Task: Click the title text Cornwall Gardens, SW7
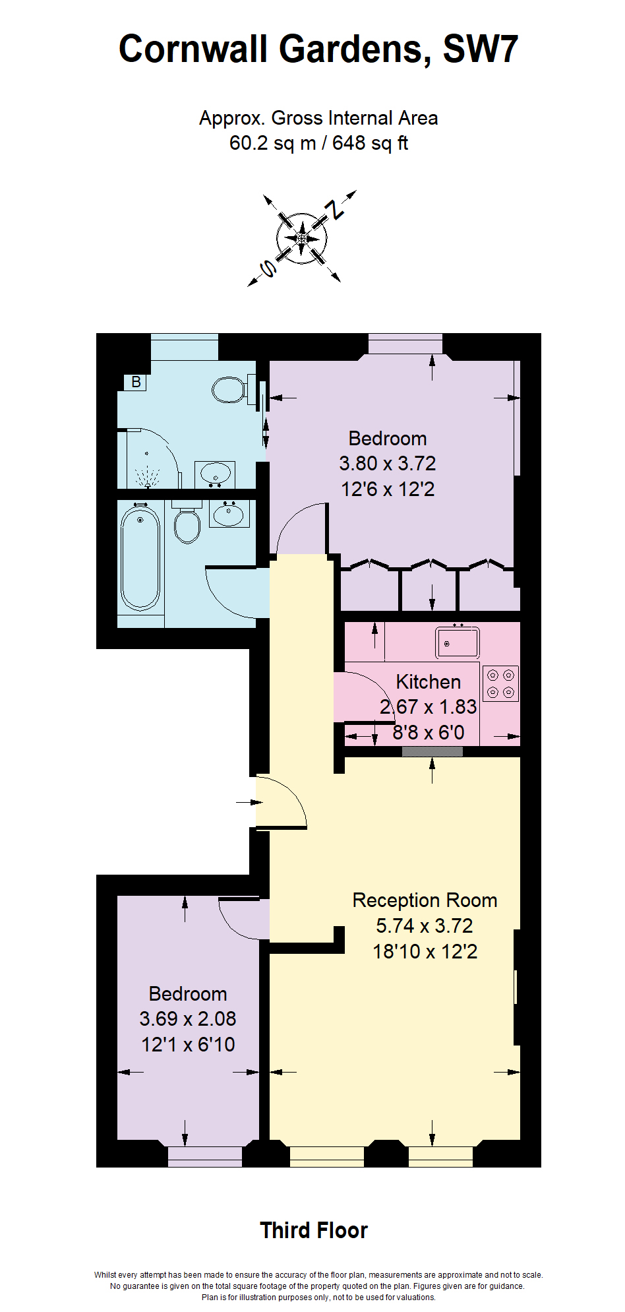tap(318, 49)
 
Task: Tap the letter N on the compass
tap(338, 209)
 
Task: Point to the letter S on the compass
tap(268, 268)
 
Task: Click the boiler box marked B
tap(136, 382)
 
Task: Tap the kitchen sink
tap(457, 642)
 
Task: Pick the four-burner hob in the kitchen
tap(500, 683)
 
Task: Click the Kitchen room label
tap(428, 682)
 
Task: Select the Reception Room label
tap(425, 900)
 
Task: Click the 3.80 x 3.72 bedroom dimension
tap(388, 464)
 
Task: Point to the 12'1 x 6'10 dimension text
tap(188, 1045)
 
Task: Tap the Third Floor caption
tap(314, 1231)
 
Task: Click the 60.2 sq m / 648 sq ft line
tap(318, 143)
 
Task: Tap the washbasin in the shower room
tap(215, 474)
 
